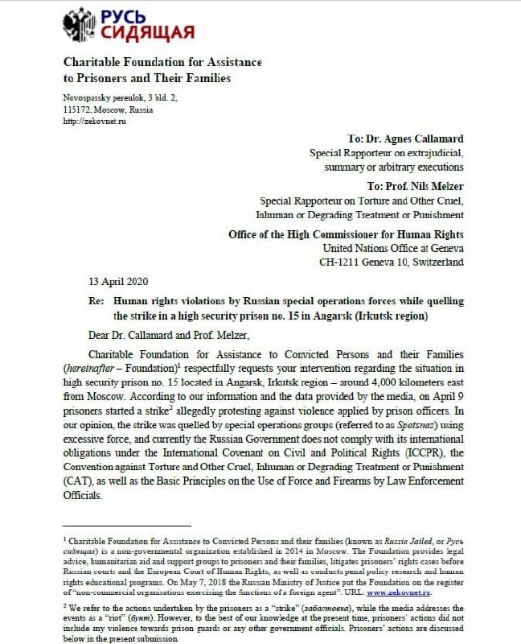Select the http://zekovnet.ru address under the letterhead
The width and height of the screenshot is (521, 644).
click(94, 121)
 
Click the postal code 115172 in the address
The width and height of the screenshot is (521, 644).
click(76, 109)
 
